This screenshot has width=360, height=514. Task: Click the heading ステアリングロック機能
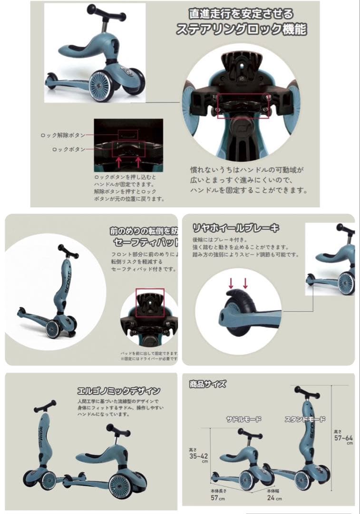[x=241, y=30]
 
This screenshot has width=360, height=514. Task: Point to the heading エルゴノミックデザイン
[x=118, y=391]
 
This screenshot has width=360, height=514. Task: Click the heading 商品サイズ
[x=207, y=384]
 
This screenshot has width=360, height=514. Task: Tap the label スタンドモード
[x=305, y=419]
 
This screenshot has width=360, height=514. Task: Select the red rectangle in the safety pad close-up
[x=149, y=302]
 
